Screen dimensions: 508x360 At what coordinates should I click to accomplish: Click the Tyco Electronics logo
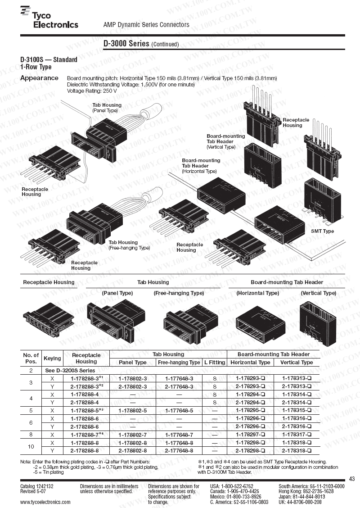click(x=49, y=18)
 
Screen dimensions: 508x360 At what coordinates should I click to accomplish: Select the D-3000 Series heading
click(x=141, y=44)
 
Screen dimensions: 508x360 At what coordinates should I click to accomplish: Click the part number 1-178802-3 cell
click(x=132, y=379)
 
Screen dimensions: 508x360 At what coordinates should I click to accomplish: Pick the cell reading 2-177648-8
click(x=179, y=449)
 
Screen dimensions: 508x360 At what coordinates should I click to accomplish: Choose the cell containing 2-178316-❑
click(x=296, y=426)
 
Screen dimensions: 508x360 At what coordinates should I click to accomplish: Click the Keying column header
click(x=52, y=358)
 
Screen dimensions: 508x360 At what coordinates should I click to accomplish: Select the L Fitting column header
click(x=214, y=362)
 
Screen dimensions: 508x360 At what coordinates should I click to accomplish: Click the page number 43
click(x=352, y=478)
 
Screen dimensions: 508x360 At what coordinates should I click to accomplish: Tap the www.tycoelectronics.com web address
click(x=45, y=502)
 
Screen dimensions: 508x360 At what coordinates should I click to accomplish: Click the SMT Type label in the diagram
click(x=322, y=231)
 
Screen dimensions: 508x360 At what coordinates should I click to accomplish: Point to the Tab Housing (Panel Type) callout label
click(x=106, y=107)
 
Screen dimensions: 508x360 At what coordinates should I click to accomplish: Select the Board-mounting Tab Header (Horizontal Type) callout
click(x=201, y=166)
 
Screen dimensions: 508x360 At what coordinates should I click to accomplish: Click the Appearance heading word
click(x=39, y=78)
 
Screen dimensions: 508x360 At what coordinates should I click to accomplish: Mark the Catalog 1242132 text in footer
click(x=37, y=486)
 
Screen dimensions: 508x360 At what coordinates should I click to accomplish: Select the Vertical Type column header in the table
click(x=296, y=362)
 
